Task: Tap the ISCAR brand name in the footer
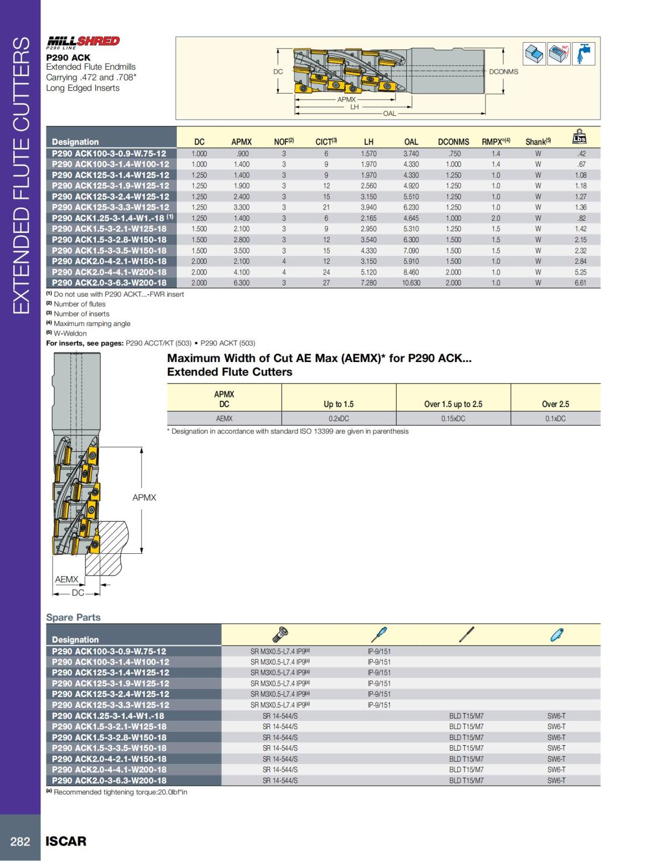(x=66, y=840)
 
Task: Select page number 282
(x=21, y=841)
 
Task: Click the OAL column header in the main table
(x=411, y=142)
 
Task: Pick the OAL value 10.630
(x=411, y=283)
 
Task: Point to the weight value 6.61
(x=580, y=283)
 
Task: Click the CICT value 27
(x=326, y=283)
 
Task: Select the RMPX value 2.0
(x=495, y=218)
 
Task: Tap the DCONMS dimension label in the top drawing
(x=503, y=72)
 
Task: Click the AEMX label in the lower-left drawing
(x=66, y=579)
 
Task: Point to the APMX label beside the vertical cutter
(x=144, y=497)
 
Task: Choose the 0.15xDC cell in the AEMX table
(x=453, y=419)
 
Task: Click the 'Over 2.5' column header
(x=555, y=404)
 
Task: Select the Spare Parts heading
(x=73, y=617)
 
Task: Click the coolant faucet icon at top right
(x=584, y=54)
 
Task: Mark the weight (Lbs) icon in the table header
(x=579, y=137)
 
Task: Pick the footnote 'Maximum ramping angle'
(x=91, y=324)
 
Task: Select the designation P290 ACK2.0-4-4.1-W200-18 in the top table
(x=109, y=272)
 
